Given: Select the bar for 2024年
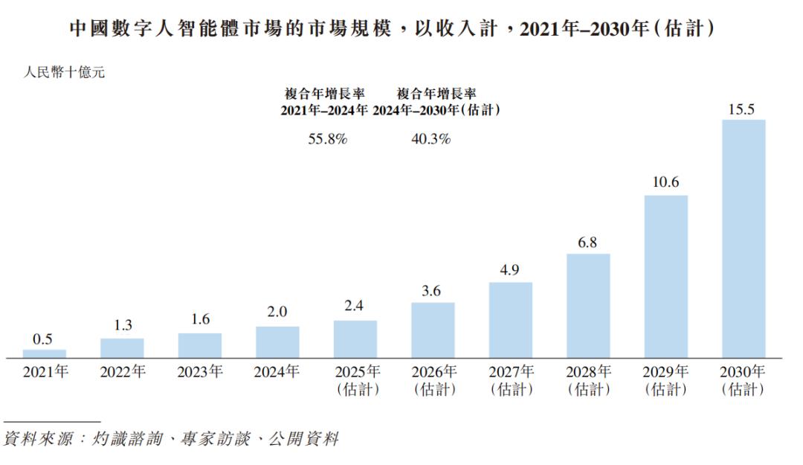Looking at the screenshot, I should (x=277, y=342).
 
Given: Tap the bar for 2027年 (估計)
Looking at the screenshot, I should (x=510, y=321).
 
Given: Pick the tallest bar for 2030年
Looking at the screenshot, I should (x=744, y=239).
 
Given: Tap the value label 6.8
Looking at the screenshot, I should (x=587, y=243).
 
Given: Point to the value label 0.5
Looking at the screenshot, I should (x=43, y=339).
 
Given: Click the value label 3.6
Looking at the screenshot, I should (x=432, y=291).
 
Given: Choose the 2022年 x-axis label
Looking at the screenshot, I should (x=122, y=372).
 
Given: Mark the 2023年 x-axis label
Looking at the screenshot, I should (x=199, y=372).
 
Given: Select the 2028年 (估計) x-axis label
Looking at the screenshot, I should (x=589, y=380).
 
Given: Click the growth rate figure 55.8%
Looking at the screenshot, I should (x=328, y=139).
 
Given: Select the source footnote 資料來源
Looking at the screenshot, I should (x=171, y=440).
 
